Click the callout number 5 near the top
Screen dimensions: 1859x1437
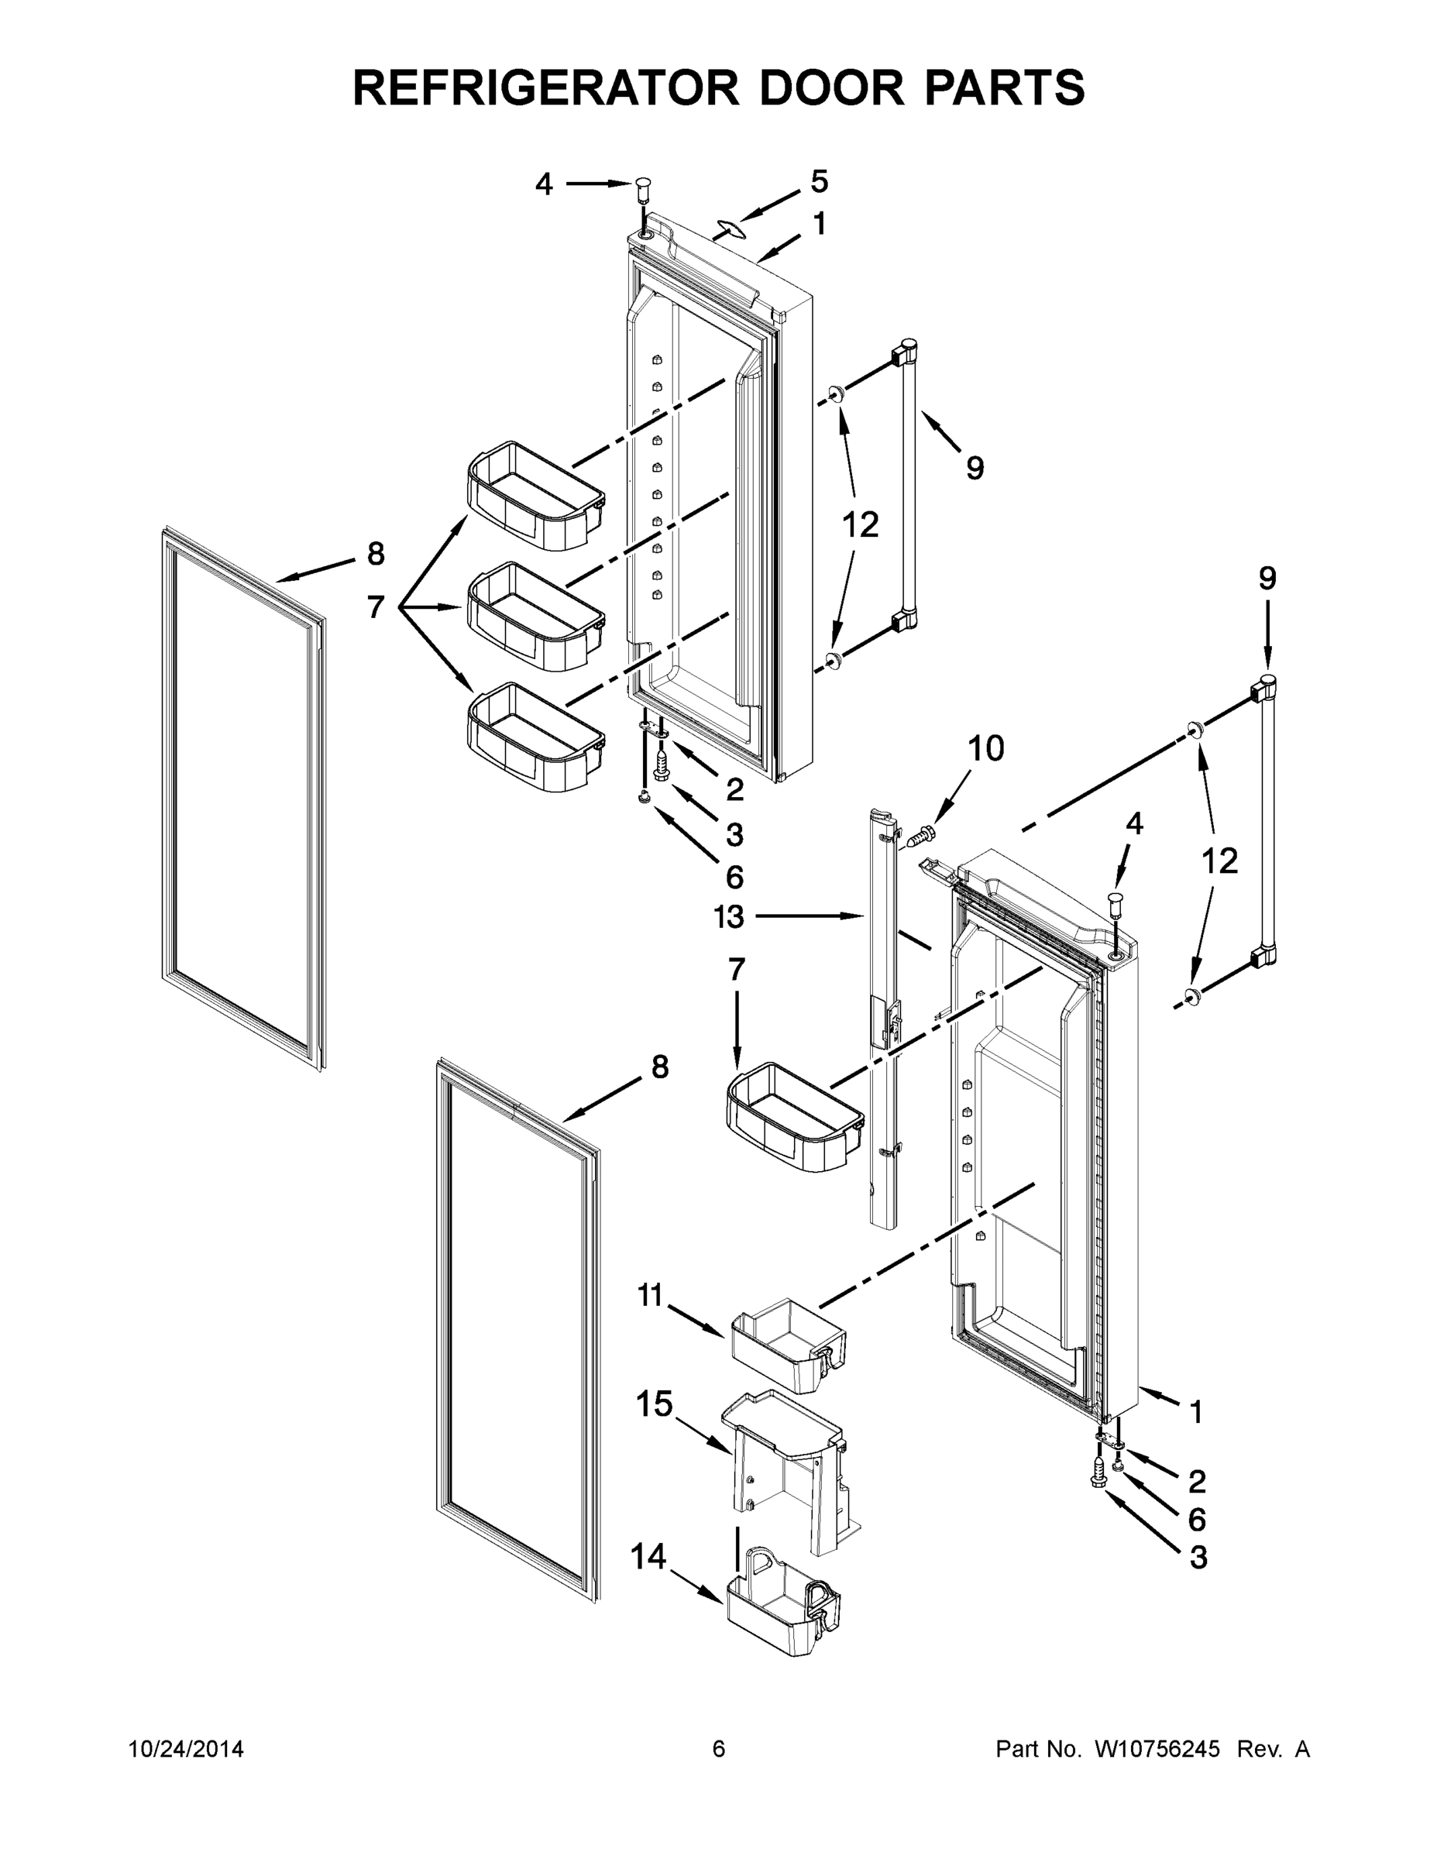pyautogui.click(x=818, y=181)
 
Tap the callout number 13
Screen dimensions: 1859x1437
pyautogui.click(x=729, y=917)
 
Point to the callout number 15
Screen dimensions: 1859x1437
pyautogui.click(x=654, y=1404)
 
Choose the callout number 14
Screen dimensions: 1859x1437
pyautogui.click(x=648, y=1557)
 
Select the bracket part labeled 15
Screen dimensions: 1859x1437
pyautogui.click(x=788, y=1469)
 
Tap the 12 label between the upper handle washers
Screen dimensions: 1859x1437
pyautogui.click(x=860, y=525)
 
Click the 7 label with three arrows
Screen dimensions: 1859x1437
pyautogui.click(x=376, y=607)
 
